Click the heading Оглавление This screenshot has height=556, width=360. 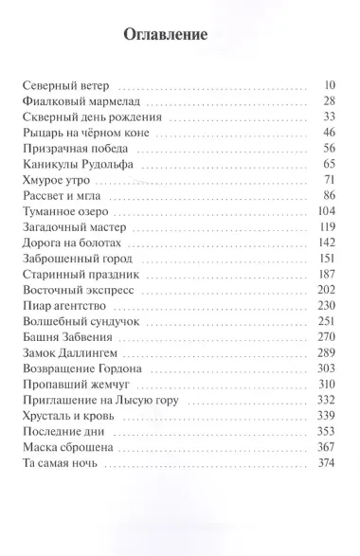[x=166, y=36]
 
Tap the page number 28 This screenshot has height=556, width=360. [x=331, y=100]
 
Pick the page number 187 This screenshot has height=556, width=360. [x=328, y=278]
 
